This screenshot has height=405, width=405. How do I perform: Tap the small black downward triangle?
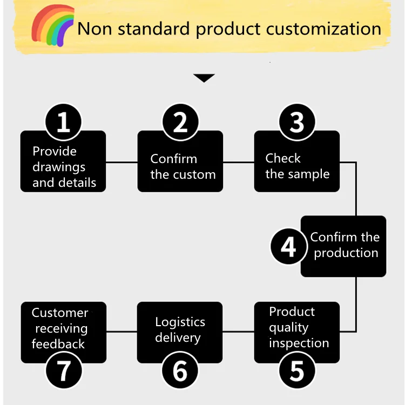[204, 78]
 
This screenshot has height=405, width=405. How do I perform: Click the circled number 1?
[64, 123]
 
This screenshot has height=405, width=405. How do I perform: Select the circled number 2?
[180, 123]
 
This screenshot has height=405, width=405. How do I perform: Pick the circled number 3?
[297, 123]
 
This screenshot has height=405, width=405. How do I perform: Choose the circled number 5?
[297, 371]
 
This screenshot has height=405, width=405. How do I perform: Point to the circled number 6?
[180, 371]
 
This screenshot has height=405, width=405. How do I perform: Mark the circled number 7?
[64, 371]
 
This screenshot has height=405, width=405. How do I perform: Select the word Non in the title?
[95, 29]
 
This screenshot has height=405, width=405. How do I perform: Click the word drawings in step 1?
[59, 167]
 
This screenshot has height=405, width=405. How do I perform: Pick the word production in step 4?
[346, 253]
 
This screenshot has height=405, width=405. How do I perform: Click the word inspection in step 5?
[299, 343]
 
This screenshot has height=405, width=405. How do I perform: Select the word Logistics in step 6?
[180, 322]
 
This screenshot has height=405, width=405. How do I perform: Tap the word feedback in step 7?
[58, 344]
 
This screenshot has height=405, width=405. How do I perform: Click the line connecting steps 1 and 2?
[122, 161]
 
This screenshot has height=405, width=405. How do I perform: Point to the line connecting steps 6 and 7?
[122, 332]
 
